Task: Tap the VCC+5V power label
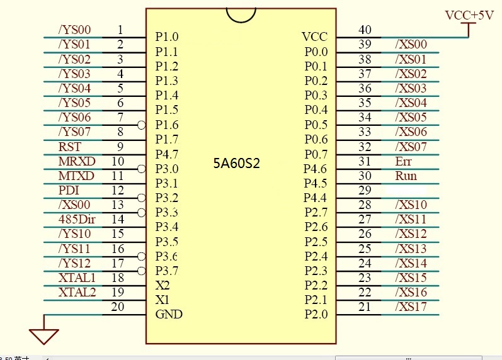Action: pos(469,16)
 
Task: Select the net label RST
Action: pos(69,147)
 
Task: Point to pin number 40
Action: pos(365,30)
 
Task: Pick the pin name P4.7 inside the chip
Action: pos(167,154)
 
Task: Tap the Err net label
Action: pos(403,161)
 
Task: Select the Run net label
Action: pos(406,176)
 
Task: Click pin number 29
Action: pos(365,191)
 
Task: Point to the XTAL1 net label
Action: pos(77,278)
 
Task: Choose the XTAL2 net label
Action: pos(77,292)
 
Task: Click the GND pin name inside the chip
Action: pos(169,314)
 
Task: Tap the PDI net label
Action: pos(69,190)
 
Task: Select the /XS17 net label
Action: pos(411,307)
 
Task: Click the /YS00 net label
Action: pos(75,30)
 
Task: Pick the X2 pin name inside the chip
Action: pos(162,285)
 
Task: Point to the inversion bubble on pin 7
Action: pos(142,125)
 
